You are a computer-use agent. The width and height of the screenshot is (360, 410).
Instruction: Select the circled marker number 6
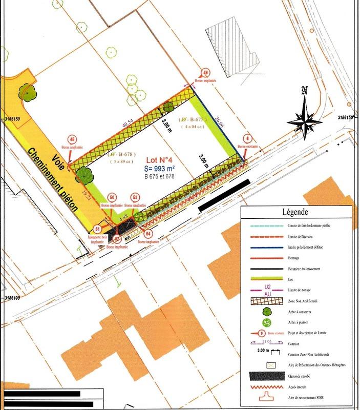pyautogui.click(x=248, y=138)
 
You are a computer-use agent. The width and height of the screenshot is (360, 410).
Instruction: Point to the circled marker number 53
pyautogui.click(x=135, y=197)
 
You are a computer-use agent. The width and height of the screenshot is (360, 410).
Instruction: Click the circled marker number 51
pyautogui.click(x=98, y=229)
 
